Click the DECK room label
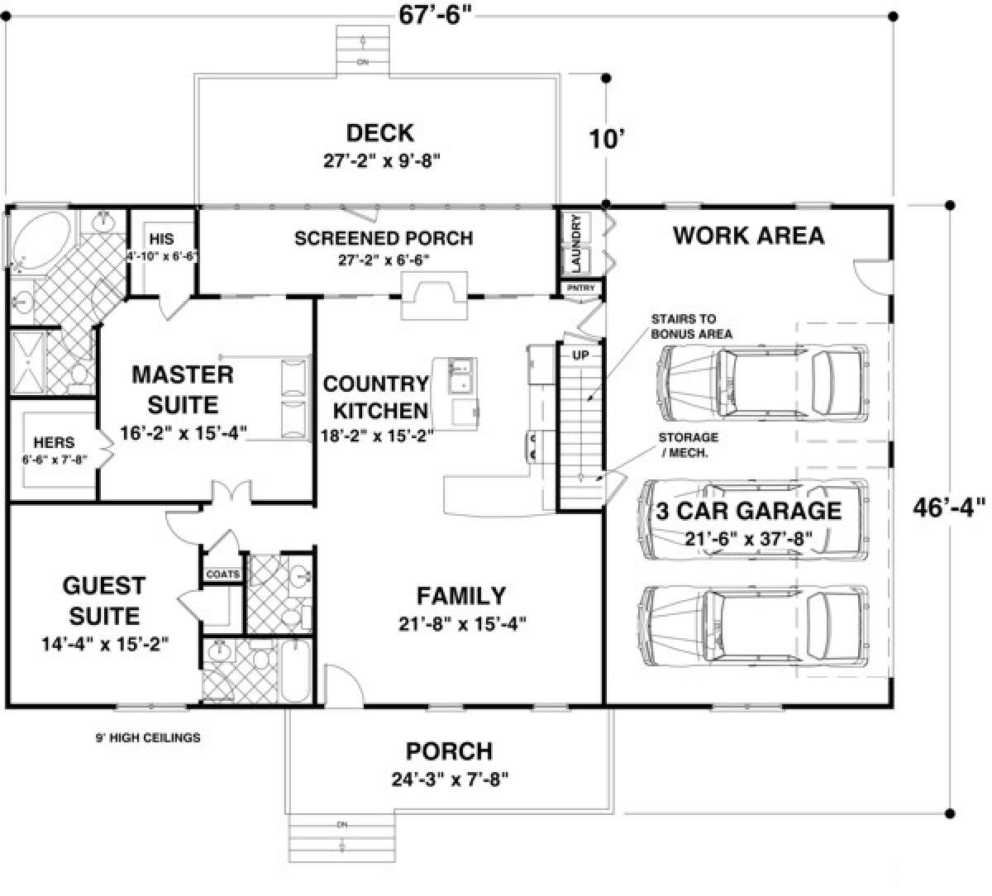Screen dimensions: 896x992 pyautogui.click(x=380, y=133)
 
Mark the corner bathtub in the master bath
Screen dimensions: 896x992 pyautogui.click(x=41, y=240)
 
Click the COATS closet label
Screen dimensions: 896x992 pyautogui.click(x=222, y=574)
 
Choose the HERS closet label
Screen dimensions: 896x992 pyautogui.click(x=54, y=443)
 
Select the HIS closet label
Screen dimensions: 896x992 pyautogui.click(x=162, y=239)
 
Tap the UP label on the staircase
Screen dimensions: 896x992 pyautogui.click(x=580, y=354)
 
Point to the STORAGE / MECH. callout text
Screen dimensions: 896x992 pyautogui.click(x=688, y=444)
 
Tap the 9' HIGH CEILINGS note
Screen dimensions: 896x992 pyautogui.click(x=149, y=737)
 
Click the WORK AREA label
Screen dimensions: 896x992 pyautogui.click(x=748, y=236)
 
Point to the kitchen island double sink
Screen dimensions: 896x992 pyautogui.click(x=459, y=376)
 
